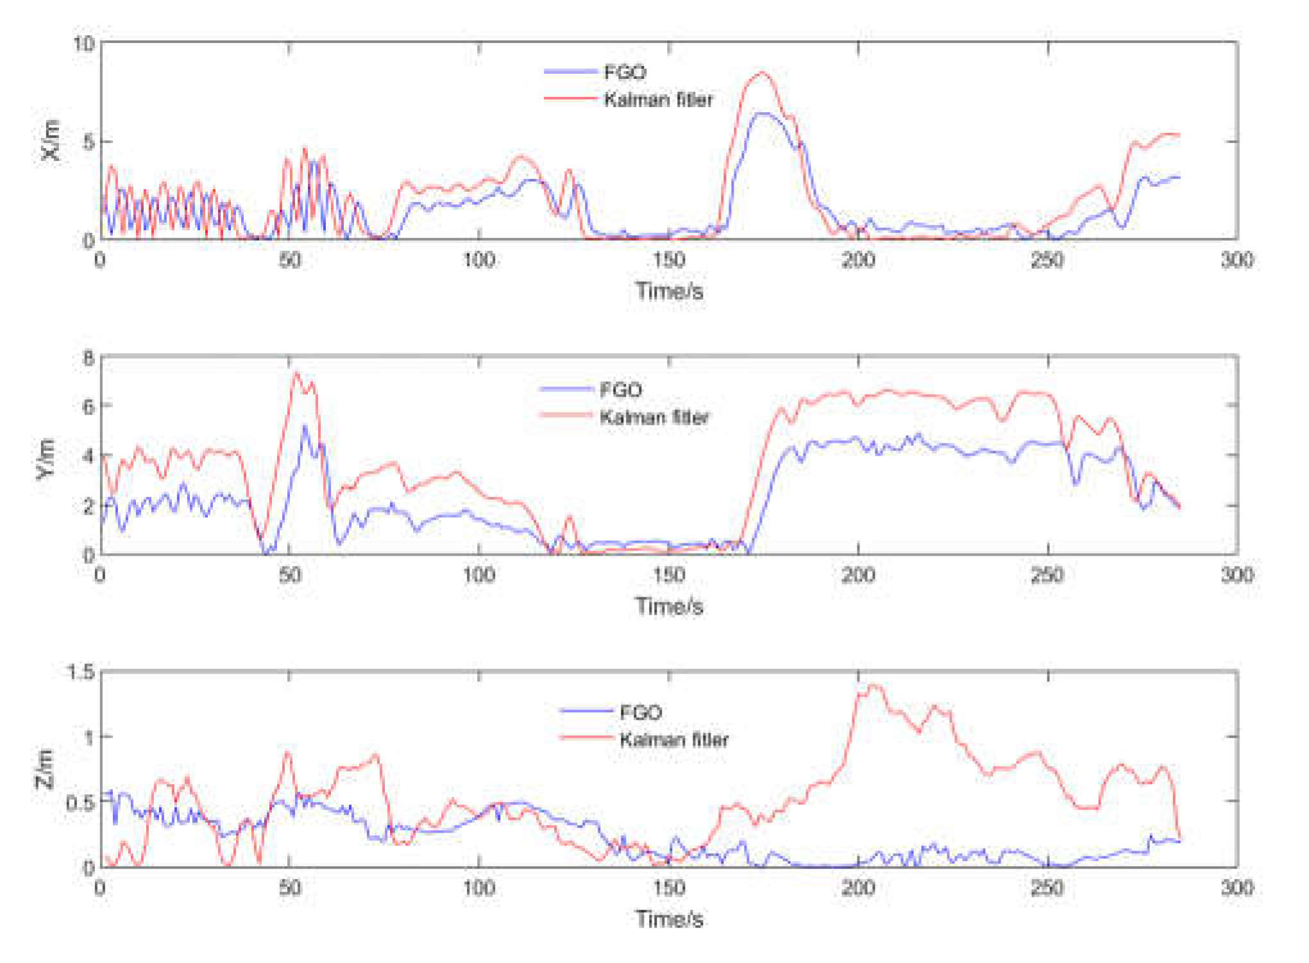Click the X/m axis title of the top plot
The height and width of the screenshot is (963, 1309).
coord(51,141)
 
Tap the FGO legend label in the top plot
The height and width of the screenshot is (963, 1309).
coord(625,72)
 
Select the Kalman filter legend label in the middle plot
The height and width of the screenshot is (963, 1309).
coord(654,417)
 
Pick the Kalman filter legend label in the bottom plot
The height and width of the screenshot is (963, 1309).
coord(674,740)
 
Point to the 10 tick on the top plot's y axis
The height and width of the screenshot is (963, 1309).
coord(83,44)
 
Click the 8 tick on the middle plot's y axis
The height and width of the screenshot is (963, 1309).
coord(89,357)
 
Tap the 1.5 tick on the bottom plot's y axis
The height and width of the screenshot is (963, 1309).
coord(81,672)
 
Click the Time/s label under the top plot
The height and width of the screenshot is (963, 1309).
coord(669,291)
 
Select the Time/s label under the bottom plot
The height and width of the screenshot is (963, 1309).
coord(669,919)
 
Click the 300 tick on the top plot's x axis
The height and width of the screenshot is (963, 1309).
coord(1236,260)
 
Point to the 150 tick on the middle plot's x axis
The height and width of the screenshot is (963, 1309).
coord(669,574)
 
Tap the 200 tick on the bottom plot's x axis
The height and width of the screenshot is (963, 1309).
coord(857,887)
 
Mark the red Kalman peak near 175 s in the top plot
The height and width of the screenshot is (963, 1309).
coord(762,73)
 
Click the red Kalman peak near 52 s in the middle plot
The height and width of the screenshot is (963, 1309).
coord(296,372)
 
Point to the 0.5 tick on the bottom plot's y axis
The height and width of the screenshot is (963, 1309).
coord(81,802)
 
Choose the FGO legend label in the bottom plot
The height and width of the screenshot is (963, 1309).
coord(640,712)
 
